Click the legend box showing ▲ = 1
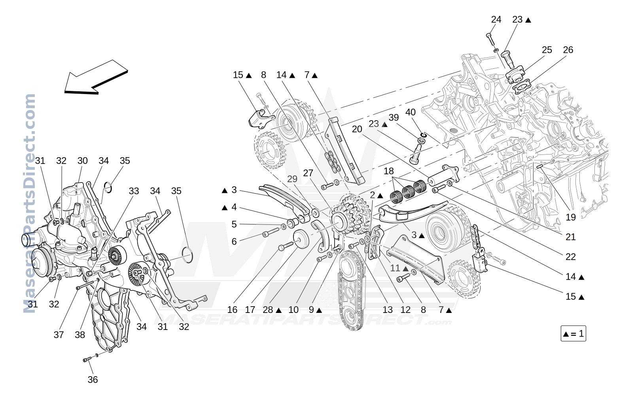(573, 334)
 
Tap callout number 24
(496, 19)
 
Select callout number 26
(568, 50)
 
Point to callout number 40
(411, 112)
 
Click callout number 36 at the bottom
(93, 380)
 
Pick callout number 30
(83, 161)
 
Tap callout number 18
(389, 171)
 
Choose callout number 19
(570, 217)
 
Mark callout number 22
(570, 257)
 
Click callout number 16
(232, 310)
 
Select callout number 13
(388, 310)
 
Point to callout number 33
(134, 191)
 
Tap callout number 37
(59, 335)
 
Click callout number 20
(357, 129)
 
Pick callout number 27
(308, 173)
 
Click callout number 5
(234, 224)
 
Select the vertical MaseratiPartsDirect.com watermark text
(29, 203)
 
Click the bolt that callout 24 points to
(491, 39)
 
